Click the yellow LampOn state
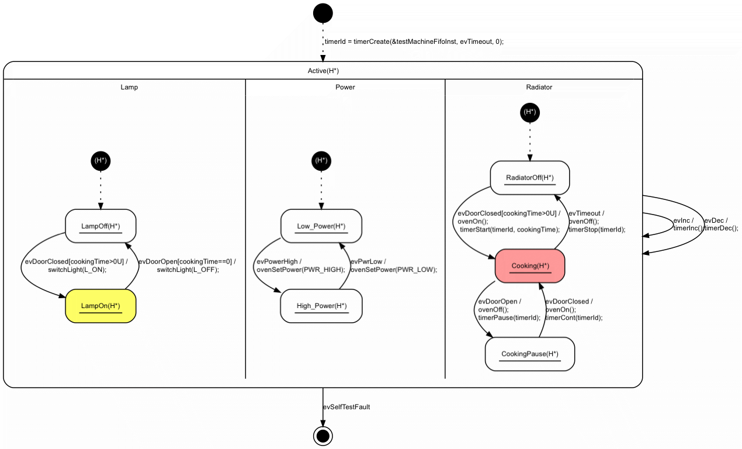[x=100, y=306]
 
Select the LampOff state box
[x=100, y=226]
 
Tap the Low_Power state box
[x=321, y=226]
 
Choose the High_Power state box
[x=321, y=306]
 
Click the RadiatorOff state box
[x=530, y=178]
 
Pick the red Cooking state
[x=530, y=266]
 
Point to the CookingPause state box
[x=530, y=354]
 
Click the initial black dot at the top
[x=323, y=13]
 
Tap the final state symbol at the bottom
[x=323, y=436]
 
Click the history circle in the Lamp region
[x=100, y=160]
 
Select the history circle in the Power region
[x=321, y=160]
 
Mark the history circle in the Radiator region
[x=530, y=112]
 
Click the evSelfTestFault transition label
[x=346, y=407]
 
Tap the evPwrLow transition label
[x=393, y=265]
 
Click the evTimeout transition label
[x=597, y=222]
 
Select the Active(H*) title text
[x=323, y=71]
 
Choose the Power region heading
[x=345, y=87]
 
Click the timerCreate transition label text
[x=414, y=42]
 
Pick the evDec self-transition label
[x=720, y=224]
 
